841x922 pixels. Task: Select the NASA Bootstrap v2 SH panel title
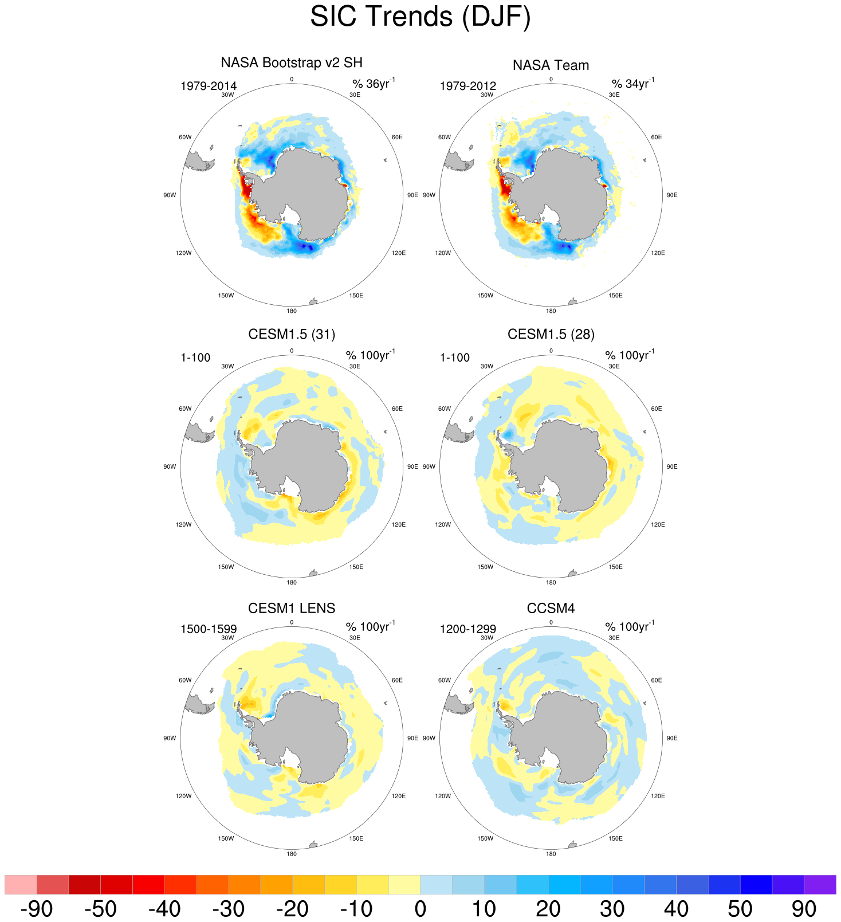292,62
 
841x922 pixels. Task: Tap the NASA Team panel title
551,65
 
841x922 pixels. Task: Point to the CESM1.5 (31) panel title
292,334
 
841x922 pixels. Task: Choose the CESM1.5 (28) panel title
551,334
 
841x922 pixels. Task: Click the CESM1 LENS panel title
292,608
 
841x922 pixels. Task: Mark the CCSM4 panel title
551,608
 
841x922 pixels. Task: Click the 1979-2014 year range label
209,87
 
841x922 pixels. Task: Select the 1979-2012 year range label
468,87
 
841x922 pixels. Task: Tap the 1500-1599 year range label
209,629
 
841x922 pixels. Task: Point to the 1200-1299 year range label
468,629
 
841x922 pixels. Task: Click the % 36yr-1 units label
374,84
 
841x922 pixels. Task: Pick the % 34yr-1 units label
632,84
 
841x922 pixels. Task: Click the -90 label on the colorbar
37,909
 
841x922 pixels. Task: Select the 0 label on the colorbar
420,909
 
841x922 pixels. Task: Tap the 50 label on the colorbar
740,909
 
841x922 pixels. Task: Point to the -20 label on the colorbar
292,909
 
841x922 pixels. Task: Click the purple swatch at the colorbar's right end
820,884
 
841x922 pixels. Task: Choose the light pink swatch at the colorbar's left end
21,884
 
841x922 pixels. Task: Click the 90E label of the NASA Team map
672,195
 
